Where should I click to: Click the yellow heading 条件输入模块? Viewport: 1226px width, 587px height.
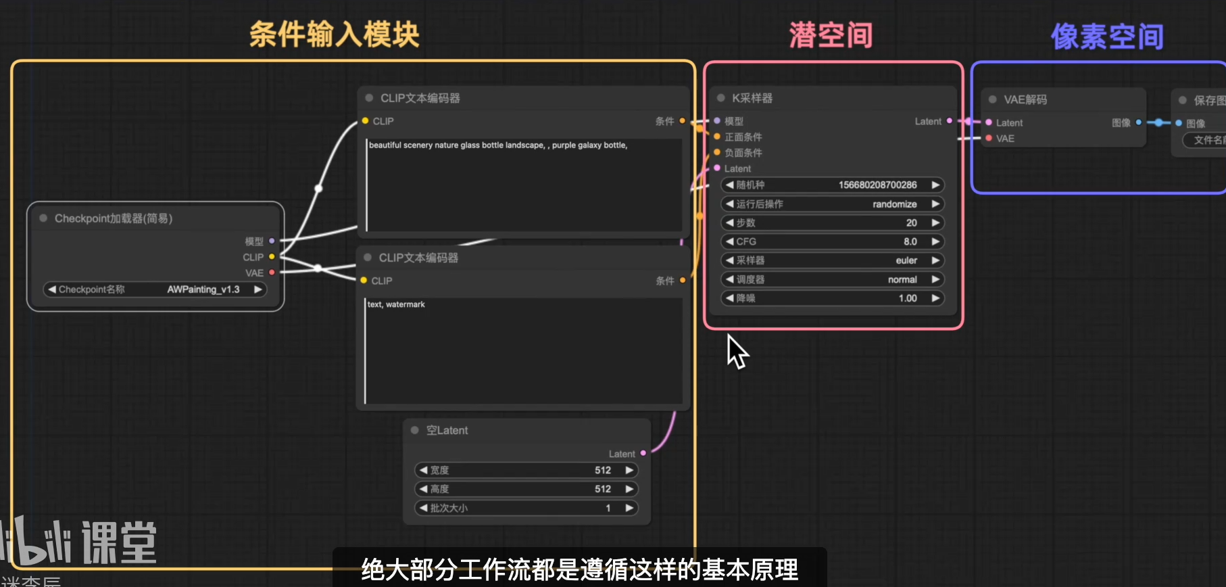335,34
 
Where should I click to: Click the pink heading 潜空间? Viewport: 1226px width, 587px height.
831,35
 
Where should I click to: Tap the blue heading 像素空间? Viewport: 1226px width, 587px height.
1107,37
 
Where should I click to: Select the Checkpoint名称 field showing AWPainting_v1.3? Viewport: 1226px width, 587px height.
155,289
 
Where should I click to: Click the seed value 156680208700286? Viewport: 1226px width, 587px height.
877,185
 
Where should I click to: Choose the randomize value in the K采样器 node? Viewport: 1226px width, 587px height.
894,204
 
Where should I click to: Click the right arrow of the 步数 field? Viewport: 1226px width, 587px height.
935,222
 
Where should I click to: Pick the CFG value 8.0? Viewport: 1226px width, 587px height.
910,241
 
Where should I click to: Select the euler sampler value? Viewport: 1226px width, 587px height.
906,260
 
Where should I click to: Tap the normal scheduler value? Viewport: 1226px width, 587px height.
902,279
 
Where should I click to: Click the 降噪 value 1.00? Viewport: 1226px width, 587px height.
908,298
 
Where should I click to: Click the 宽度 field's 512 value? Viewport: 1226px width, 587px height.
602,470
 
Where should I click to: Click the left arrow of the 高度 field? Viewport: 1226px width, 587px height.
424,489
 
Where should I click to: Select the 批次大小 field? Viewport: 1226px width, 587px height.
526,508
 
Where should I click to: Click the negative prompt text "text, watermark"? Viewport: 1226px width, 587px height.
396,304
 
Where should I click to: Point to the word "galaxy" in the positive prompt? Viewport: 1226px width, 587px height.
589,145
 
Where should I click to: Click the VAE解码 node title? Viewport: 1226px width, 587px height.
1025,99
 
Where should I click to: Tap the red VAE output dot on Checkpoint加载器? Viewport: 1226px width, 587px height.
272,273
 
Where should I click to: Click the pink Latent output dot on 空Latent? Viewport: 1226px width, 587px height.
643,453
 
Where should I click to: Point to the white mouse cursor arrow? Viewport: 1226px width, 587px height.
735,350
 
